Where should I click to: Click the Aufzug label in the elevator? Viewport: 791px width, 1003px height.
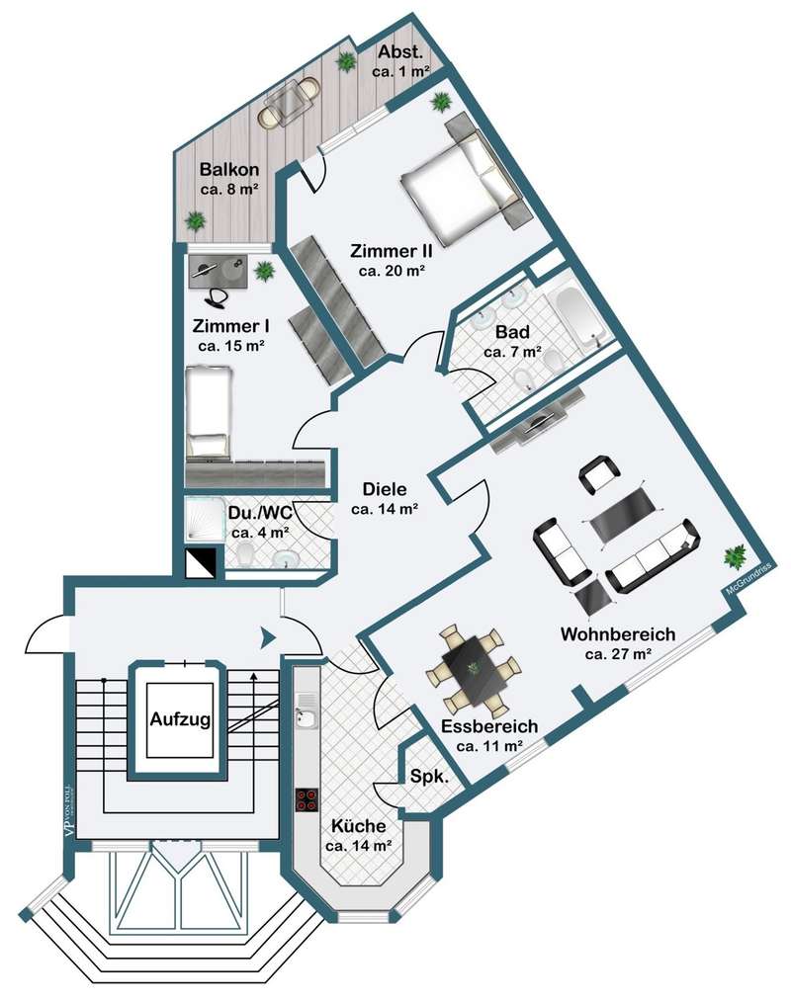180,719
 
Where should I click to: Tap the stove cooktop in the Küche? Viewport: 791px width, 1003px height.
307,799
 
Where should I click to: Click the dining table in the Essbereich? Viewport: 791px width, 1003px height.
474,670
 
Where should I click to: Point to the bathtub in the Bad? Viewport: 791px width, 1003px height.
579,317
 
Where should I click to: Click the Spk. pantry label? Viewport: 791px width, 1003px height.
429,777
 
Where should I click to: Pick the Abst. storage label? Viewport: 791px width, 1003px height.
400,51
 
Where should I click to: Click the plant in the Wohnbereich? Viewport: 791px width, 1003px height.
735,556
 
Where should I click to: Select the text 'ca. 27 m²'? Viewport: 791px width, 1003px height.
618,654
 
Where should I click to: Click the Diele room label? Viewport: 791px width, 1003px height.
385,489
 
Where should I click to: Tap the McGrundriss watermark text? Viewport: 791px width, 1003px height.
748,579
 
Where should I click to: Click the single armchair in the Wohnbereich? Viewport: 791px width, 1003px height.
599,474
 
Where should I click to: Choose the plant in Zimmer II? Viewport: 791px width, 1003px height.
440,101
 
